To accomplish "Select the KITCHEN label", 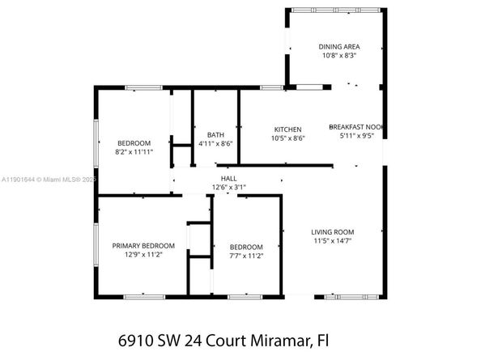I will click(x=287, y=129).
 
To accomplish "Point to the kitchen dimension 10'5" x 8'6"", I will click(x=287, y=138).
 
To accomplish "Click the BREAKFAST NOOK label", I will click(x=355, y=127).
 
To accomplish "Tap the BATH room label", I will click(x=215, y=134).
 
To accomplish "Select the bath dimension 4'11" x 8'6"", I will click(x=215, y=143).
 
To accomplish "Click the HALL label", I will click(x=229, y=178).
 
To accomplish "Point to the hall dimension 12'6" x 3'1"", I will click(x=229, y=187).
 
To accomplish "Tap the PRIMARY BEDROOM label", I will click(x=143, y=246).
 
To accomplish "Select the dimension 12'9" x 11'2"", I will click(x=143, y=255).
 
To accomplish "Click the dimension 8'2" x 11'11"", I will click(x=134, y=151).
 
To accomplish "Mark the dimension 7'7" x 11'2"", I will click(x=245, y=256).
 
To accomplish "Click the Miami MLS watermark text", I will click(x=59, y=180).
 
